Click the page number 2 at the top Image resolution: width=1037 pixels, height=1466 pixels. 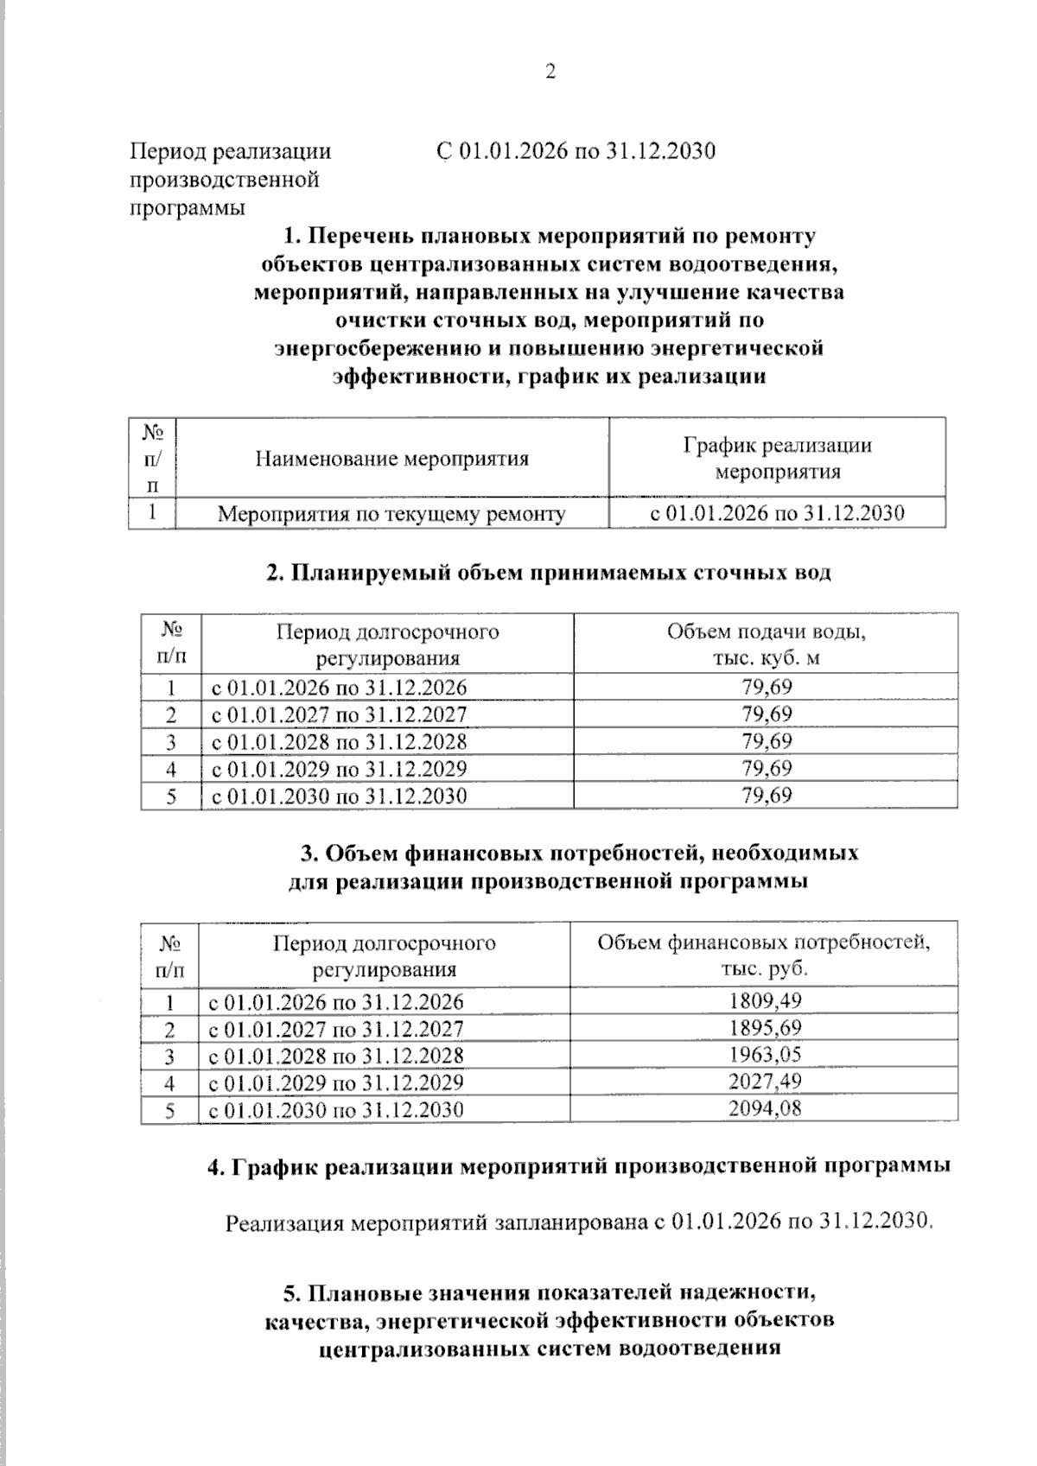550,72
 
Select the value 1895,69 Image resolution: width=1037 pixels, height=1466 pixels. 765,1028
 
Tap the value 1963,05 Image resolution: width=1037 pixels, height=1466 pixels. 765,1055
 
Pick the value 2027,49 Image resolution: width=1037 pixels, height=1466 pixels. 765,1082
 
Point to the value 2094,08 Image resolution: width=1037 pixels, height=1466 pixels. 765,1108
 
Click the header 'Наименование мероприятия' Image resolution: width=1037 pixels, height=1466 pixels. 391,459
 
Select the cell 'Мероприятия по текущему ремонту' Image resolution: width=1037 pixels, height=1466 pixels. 391,515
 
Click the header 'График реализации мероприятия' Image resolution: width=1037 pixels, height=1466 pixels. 778,459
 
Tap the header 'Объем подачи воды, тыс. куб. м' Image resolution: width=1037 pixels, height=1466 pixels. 766,644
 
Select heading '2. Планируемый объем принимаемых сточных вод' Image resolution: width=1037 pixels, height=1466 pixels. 549,572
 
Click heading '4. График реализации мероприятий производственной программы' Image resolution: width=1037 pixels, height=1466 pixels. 579,1165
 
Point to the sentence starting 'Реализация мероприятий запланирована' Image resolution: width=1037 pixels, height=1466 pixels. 579,1222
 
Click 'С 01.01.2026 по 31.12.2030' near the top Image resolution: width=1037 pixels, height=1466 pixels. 576,151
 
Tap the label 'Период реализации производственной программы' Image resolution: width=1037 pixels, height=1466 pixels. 230,180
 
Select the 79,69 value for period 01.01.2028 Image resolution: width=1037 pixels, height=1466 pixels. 767,741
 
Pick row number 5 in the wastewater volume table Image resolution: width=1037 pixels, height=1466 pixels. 171,796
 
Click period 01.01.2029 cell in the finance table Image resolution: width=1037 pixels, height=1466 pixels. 335,1082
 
